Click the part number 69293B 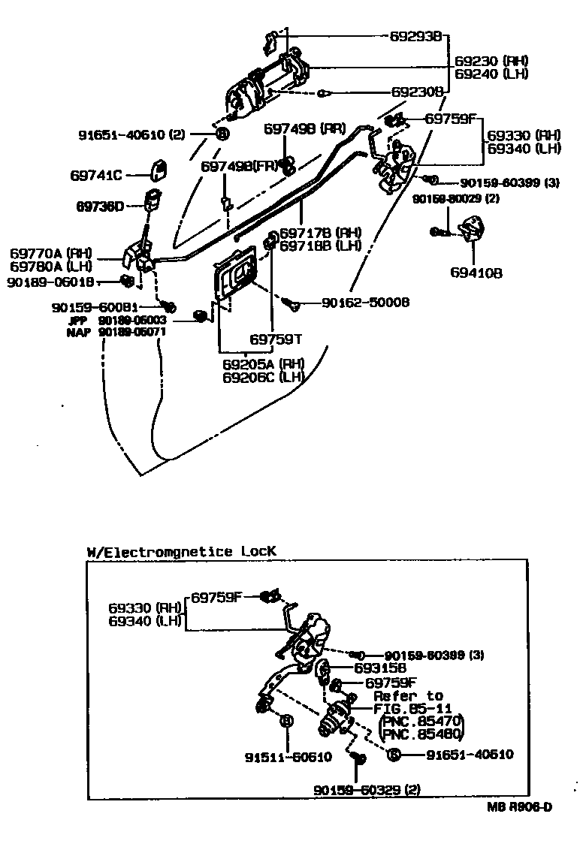[417, 35]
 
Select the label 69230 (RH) [491, 60]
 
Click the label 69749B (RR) [304, 128]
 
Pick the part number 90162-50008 [365, 302]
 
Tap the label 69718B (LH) [320, 245]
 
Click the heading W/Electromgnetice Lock [181, 551]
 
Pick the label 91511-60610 [287, 756]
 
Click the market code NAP [78, 331]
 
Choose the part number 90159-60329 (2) [366, 789]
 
